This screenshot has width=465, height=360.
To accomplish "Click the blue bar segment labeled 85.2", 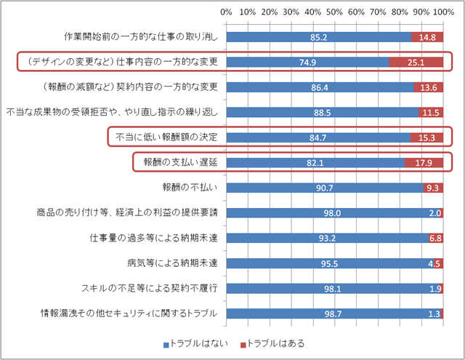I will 318,36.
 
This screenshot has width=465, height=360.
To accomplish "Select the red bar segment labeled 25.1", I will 416,62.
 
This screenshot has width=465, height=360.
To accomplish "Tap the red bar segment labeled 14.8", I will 427,36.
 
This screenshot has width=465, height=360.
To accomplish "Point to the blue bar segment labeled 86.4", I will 320,87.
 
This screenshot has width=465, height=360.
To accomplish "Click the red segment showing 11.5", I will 431,112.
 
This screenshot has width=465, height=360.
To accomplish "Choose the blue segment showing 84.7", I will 318,137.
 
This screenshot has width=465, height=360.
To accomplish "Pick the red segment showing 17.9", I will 424,162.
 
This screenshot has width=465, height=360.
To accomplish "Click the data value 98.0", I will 333,212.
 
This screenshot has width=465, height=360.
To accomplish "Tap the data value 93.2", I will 328,238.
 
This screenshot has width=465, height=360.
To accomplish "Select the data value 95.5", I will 331,263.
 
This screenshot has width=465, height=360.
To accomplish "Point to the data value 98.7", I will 334,313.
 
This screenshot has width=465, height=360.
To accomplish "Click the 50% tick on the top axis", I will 335,12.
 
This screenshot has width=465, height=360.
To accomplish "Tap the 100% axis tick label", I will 443,12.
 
